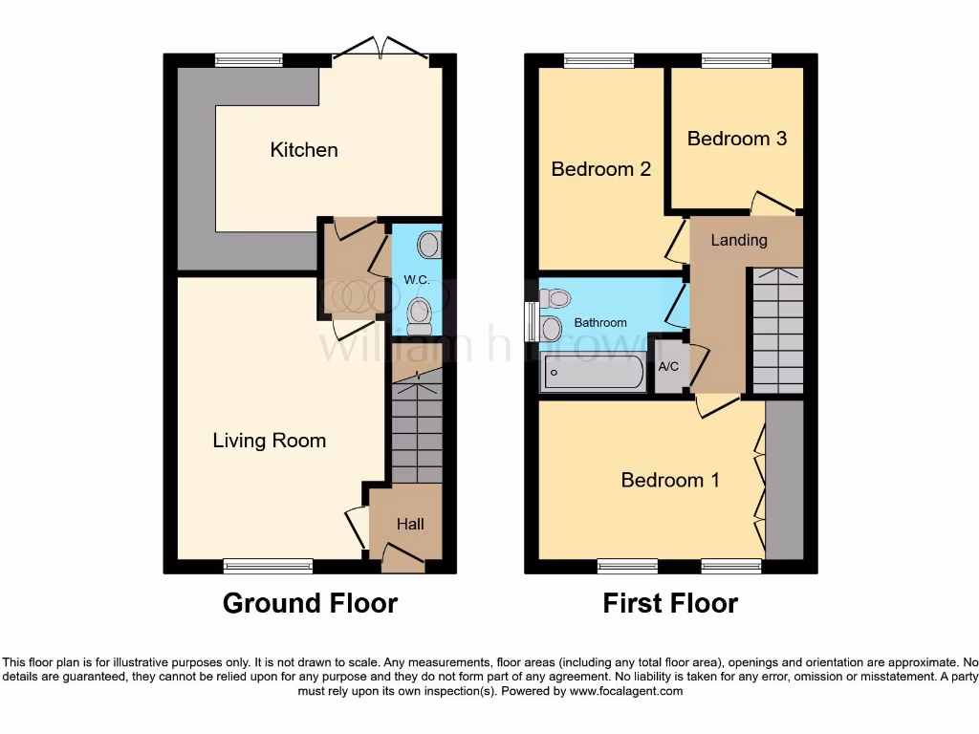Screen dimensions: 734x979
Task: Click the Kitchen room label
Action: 304,150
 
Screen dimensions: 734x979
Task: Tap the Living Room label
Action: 269,441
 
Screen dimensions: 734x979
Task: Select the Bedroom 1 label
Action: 669,480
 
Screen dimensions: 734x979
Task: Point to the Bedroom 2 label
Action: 601,169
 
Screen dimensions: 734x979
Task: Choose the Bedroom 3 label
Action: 736,139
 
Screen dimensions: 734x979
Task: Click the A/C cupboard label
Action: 668,366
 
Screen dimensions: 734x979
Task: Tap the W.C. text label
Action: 415,280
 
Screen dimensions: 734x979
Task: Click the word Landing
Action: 738,240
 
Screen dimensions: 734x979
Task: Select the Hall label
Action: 410,524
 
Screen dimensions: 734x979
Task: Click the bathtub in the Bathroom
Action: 594,372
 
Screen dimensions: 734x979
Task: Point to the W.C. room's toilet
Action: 419,313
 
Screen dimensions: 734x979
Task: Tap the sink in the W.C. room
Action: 430,245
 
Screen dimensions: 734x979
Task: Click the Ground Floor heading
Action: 310,603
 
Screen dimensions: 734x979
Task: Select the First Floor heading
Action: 669,603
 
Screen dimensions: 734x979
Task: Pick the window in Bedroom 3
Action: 736,60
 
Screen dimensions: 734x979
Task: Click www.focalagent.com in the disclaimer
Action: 627,691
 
